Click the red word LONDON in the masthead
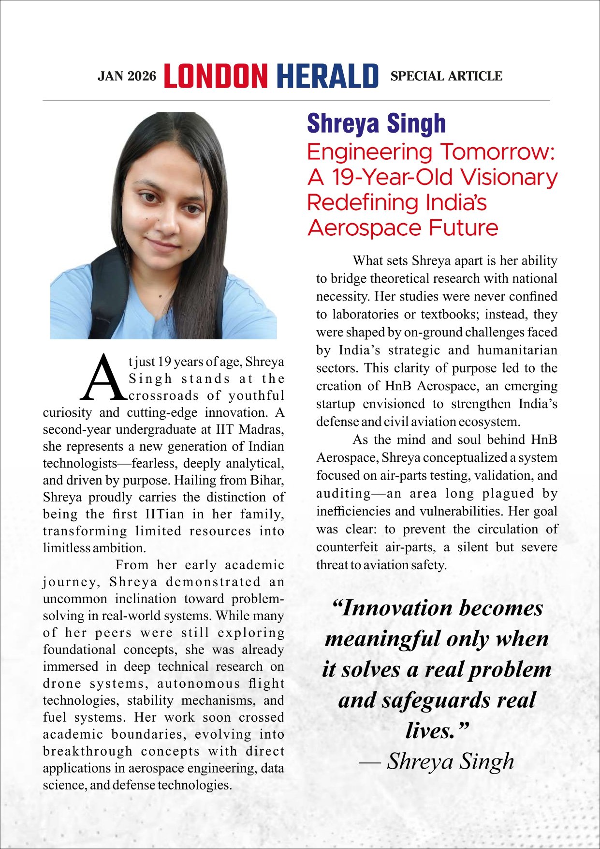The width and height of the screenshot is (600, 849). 216,76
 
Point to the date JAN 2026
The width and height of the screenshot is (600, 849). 127,76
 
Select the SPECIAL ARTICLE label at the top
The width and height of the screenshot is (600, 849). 446,76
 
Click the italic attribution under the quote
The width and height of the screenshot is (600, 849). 437,761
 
